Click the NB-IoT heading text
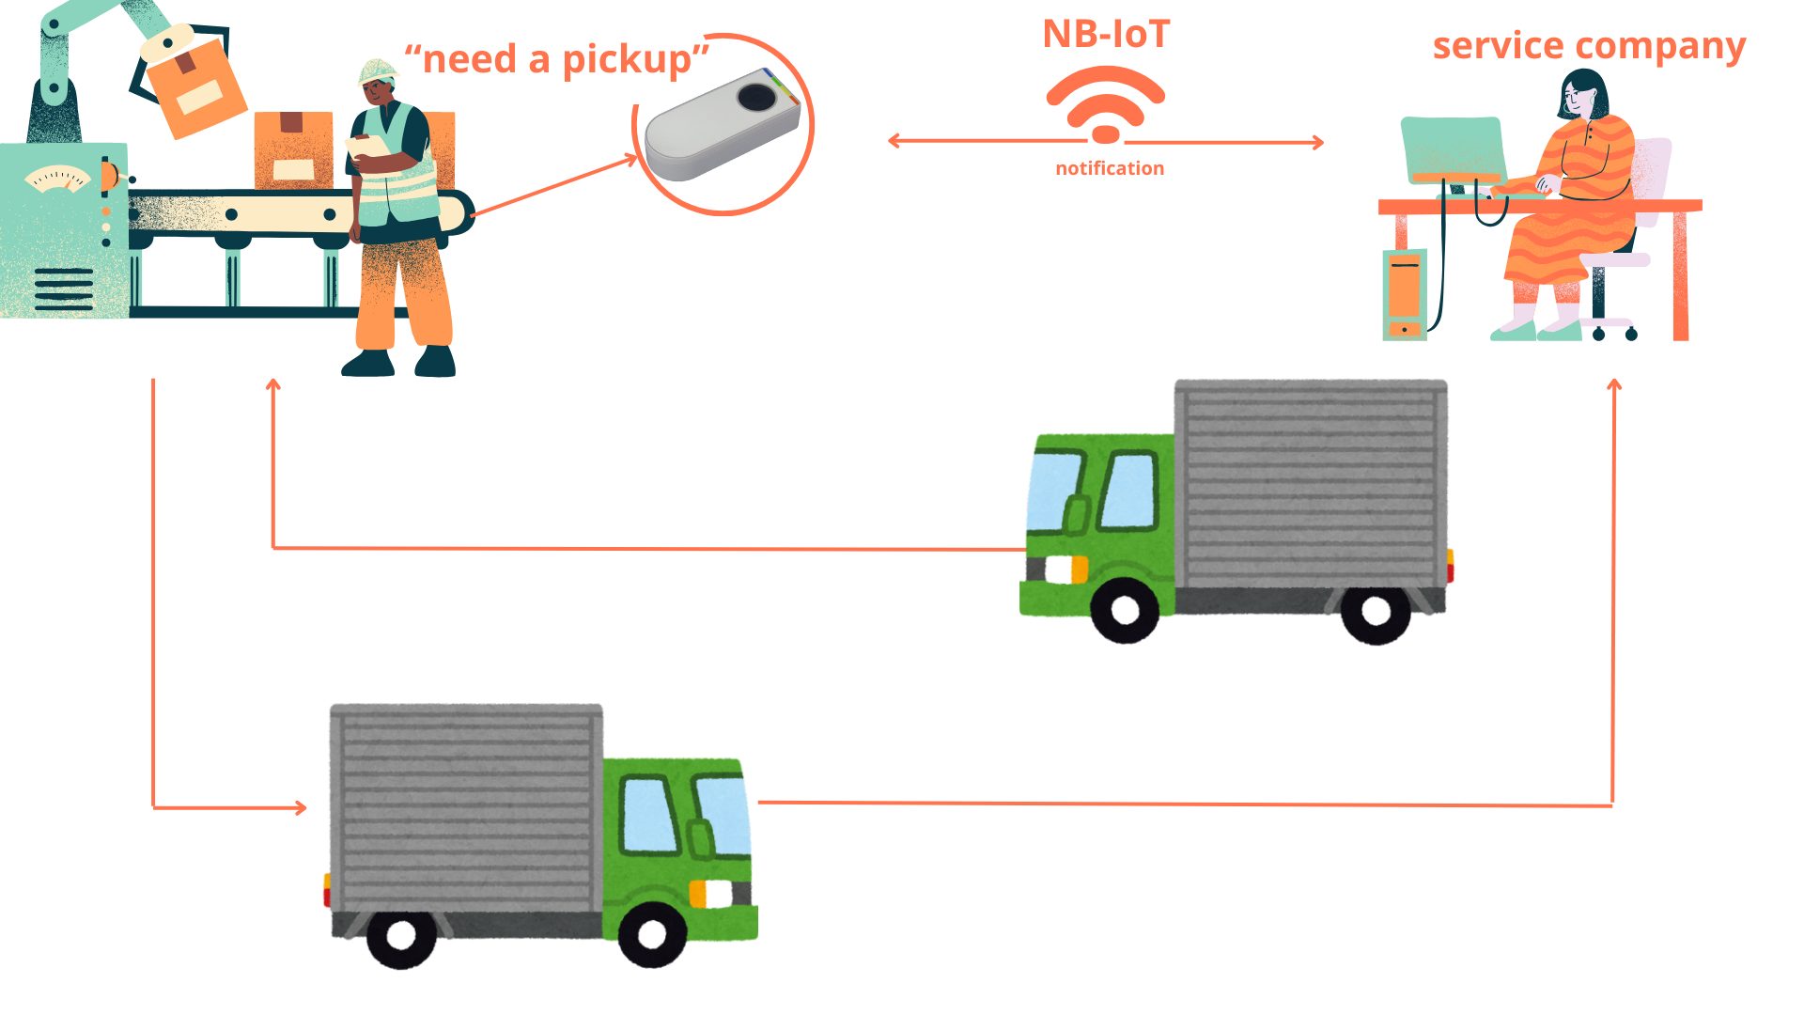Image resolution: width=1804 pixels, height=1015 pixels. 1106,35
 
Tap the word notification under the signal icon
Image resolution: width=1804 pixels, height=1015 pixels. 1110,168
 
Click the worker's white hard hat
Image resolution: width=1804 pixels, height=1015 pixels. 378,70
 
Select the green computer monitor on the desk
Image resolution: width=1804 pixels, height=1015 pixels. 1453,150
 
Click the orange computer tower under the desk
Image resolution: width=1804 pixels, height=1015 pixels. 1405,293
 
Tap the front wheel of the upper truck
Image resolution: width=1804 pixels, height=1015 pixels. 1125,610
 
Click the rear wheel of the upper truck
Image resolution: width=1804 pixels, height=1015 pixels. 1376,613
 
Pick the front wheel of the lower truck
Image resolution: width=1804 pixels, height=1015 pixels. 651,935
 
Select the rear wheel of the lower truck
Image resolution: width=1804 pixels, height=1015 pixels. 401,937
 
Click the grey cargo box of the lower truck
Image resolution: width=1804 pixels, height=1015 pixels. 466,808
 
